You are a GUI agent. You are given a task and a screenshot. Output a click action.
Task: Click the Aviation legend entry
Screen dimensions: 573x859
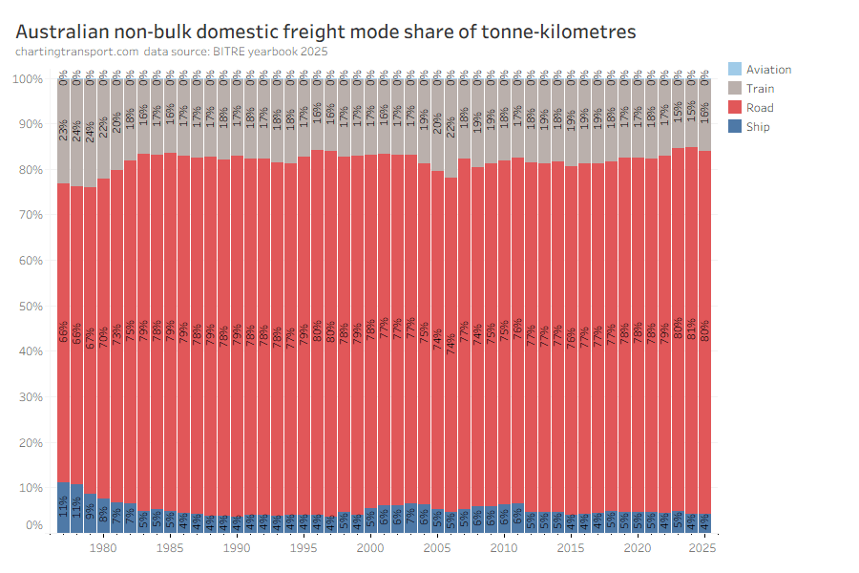[768, 69]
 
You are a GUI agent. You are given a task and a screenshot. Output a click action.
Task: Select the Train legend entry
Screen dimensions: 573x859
[760, 88]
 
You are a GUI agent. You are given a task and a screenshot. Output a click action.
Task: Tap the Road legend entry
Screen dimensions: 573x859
[760, 107]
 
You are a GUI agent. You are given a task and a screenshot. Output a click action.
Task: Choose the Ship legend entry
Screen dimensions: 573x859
[758, 126]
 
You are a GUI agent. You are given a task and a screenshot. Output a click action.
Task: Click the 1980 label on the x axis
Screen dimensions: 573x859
[103, 549]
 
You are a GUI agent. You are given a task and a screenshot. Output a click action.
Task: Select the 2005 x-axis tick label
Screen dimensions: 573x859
[436, 549]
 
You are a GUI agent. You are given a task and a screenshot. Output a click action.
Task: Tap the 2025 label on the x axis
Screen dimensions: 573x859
[703, 549]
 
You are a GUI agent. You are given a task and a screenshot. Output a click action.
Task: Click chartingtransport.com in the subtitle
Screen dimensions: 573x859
[76, 52]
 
